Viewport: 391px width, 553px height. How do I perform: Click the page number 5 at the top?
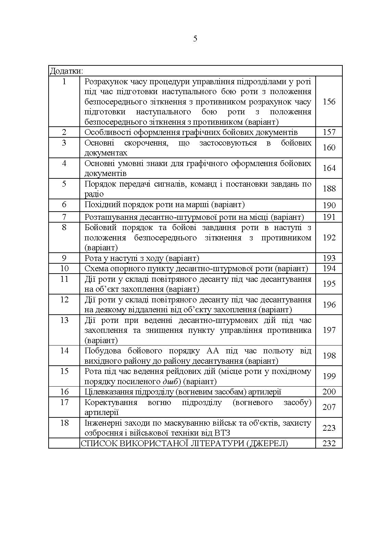tap(195, 39)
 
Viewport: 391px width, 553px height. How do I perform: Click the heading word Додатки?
tap(66, 71)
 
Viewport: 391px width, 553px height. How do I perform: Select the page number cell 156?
tap(329, 102)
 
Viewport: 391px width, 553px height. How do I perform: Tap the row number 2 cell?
tap(64, 132)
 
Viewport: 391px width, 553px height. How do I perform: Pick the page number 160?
tap(329, 148)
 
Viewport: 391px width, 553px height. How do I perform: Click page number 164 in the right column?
tap(329, 168)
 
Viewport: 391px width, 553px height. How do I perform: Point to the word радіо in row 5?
tap(94, 194)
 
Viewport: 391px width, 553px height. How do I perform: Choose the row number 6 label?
tap(64, 205)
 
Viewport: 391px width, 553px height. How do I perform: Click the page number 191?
tap(329, 217)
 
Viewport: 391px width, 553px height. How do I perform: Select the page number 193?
tap(329, 258)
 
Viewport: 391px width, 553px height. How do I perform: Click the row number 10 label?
tap(64, 268)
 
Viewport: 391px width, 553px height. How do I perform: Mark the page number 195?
tap(329, 284)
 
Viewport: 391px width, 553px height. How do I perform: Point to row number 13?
tap(64, 320)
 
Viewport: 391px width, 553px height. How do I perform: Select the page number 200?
tap(329, 392)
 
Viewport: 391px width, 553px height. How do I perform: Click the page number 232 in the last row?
tap(329, 443)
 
